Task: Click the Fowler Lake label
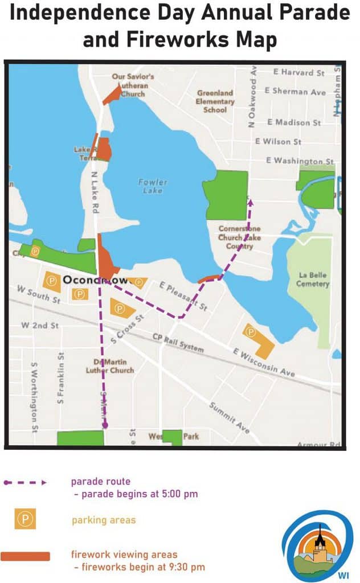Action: point(153,186)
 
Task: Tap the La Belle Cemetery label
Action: point(313,280)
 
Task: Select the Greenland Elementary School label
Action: point(215,101)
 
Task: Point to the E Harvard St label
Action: point(298,73)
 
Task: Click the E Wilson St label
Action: point(278,141)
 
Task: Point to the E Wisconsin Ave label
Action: point(264,363)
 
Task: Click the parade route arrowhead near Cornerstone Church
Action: point(249,201)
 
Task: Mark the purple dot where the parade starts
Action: point(105,425)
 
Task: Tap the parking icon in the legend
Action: point(25,519)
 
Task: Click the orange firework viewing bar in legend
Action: point(25,556)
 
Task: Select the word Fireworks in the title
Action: point(177,40)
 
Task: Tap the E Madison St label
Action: point(294,122)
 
